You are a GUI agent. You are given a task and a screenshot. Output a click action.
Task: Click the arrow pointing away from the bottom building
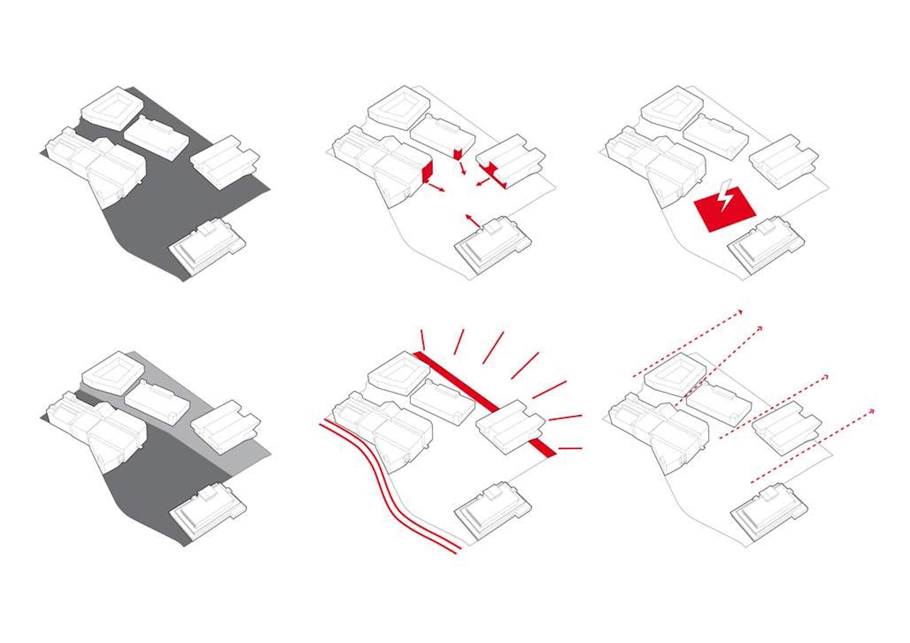473,221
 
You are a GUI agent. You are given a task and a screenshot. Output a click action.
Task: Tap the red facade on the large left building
427,173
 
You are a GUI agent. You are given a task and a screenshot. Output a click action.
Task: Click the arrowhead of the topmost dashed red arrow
740,312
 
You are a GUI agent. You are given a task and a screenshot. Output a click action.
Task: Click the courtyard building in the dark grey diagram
112,108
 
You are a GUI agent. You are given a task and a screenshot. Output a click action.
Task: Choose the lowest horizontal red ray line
570,448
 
